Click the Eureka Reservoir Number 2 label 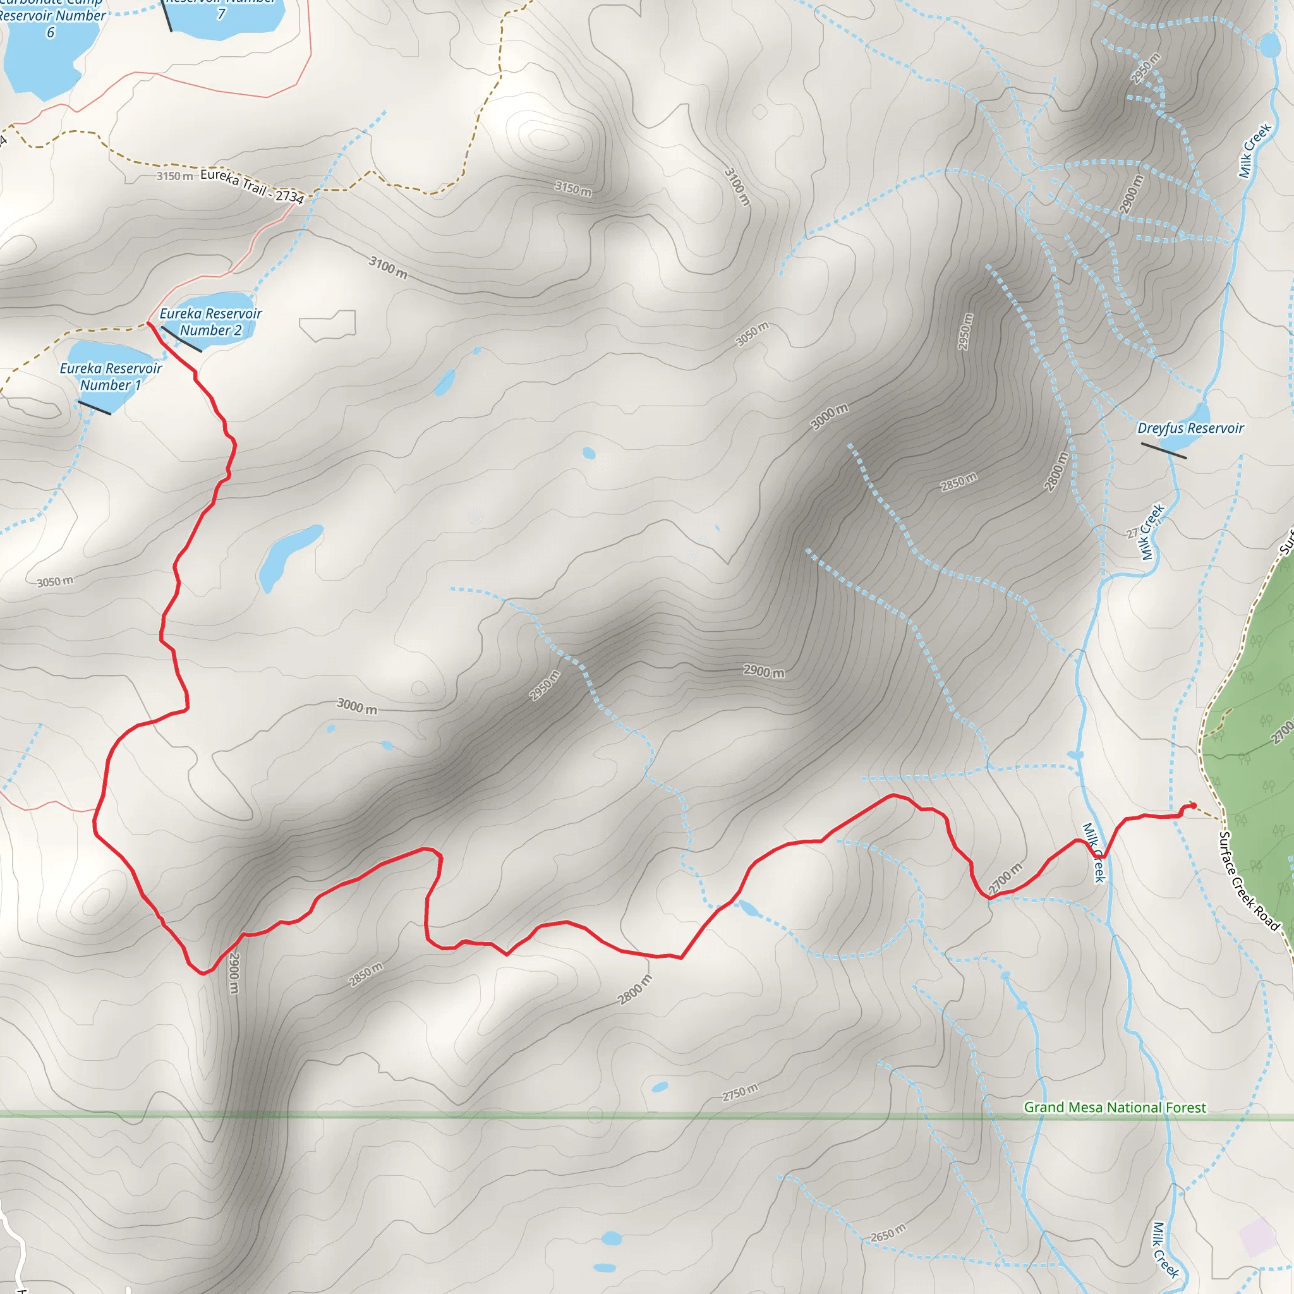coord(210,322)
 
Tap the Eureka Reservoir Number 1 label coord(111,377)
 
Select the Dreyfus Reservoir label coord(1190,428)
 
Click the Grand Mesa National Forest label coord(1115,1107)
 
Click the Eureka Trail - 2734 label coord(252,185)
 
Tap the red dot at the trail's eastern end coord(1194,805)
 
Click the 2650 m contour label coord(888,1232)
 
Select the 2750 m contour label coord(740,1092)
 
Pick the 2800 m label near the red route coord(634,989)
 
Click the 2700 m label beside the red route coord(1005,878)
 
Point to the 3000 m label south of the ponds coord(356,706)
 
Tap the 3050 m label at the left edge coord(55,581)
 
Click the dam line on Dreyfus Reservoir coord(1163,450)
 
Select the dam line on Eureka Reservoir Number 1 coord(94,408)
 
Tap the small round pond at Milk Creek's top coord(1269,46)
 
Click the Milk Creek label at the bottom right coord(1164,1250)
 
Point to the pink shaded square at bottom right coord(1257,1237)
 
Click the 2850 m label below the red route coord(366,974)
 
